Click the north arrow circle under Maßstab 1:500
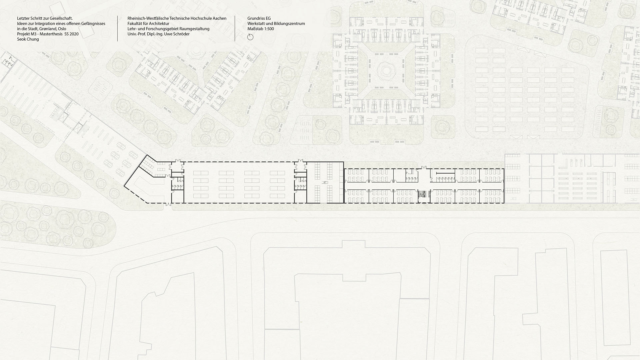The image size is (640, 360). point(250,37)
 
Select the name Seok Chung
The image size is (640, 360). point(28,39)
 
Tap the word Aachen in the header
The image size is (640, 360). point(220,18)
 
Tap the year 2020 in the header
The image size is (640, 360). point(74,34)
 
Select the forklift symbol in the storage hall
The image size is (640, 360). point(325,182)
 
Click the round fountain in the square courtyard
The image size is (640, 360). point(386,70)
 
